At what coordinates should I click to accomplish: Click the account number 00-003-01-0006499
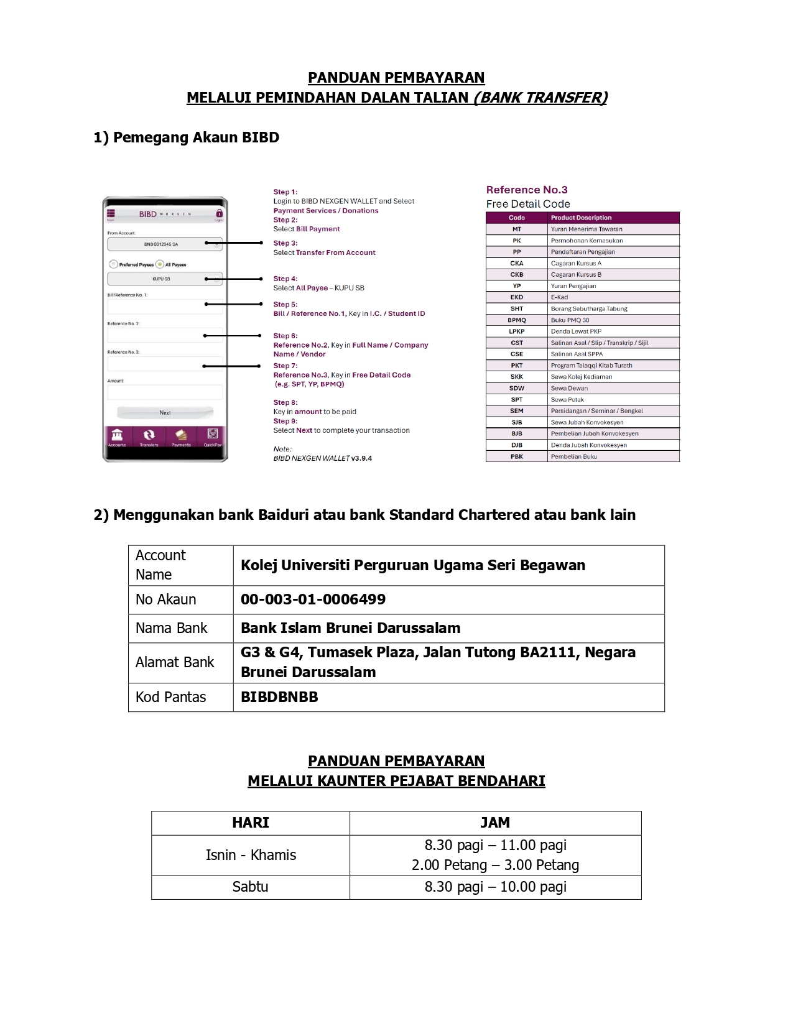point(313,599)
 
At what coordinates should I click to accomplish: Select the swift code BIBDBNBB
point(279,697)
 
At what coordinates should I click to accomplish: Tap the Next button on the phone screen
point(165,412)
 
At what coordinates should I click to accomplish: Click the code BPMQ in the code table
point(517,320)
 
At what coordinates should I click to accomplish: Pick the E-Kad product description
point(559,297)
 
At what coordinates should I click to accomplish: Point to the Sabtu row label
point(250,887)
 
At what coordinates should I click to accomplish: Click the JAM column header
point(495,823)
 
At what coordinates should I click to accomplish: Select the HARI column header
point(250,823)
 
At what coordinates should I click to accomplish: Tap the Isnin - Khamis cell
point(251,855)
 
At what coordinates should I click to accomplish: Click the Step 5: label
point(285,305)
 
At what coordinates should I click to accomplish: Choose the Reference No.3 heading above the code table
point(527,190)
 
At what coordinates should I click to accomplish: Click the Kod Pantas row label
point(170,697)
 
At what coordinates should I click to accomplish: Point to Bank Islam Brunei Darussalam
point(350,628)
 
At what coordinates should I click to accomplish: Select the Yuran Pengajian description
point(573,286)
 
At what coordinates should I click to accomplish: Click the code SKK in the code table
point(517,377)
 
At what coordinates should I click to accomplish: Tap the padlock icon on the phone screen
point(219,213)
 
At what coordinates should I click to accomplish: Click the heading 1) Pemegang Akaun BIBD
point(186,137)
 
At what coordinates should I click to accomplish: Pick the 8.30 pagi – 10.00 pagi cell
point(495,887)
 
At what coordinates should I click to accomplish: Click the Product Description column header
point(581,218)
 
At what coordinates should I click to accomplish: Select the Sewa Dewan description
point(569,388)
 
